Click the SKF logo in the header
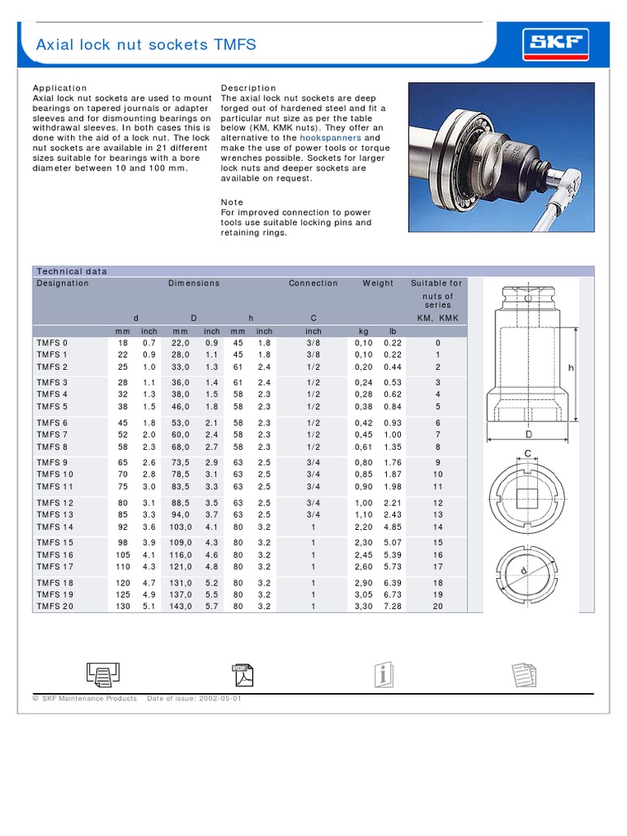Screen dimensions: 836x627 (558, 42)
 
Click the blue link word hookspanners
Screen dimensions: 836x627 (330, 138)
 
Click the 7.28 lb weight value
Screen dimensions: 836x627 (393, 607)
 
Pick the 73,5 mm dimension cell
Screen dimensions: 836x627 (179, 463)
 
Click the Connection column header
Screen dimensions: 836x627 (313, 283)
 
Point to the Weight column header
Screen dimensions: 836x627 (378, 283)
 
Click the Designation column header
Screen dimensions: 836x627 (63, 283)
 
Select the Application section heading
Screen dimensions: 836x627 (60, 88)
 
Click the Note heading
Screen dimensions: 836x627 (232, 202)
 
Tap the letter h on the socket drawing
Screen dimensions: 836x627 (571, 368)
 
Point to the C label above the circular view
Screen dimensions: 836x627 (528, 455)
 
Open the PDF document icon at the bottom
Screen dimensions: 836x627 (243, 674)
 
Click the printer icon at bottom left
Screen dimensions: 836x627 (103, 674)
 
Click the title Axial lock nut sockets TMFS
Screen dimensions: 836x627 (146, 44)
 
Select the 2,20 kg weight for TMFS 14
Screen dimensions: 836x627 (363, 527)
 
